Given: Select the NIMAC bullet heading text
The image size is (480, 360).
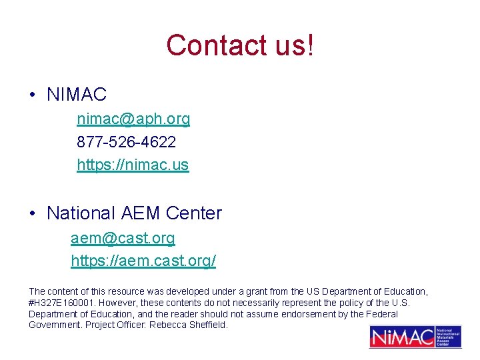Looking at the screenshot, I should coord(77,95).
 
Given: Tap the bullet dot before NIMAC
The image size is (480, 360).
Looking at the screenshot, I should coord(33,95).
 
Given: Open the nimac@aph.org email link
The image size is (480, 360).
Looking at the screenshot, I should coord(133,119).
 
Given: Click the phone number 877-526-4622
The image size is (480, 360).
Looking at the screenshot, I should coord(127,142).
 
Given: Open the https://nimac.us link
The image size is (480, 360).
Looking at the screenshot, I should coord(133,165).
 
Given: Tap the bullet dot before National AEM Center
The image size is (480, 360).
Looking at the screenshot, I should coord(33,214).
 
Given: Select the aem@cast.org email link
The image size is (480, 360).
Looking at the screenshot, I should coord(123,238).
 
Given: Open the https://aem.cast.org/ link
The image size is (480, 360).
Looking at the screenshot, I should coord(143,261).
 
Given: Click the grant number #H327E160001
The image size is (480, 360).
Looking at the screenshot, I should coord(61,303).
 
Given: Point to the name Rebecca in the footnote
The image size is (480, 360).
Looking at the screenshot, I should coord(168,325).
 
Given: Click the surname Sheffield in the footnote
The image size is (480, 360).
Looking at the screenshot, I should coord(208,325).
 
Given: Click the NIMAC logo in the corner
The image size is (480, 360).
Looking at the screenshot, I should coord(415,337).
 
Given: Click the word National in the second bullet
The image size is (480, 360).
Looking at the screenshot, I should coord(81,213).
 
